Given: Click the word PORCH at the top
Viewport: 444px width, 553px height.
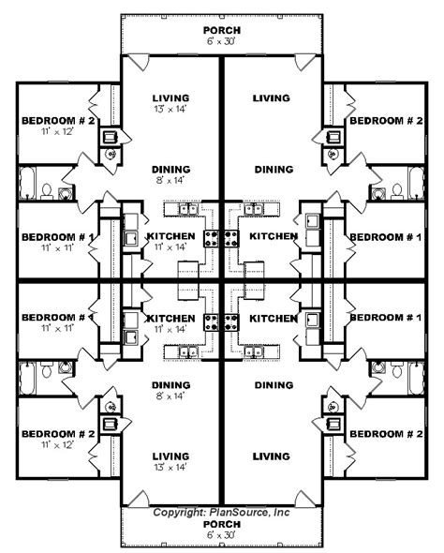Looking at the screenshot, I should tap(222, 31).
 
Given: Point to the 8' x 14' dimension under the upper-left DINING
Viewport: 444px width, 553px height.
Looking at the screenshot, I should tap(170, 182).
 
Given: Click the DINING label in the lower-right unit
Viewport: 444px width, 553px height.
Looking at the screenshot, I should tap(274, 384).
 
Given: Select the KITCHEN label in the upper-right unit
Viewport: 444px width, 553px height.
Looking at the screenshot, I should tap(274, 236).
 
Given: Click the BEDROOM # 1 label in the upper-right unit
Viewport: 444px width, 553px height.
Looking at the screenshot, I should tap(384, 237).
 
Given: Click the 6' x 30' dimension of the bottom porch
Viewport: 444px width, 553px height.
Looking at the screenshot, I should tap(222, 537).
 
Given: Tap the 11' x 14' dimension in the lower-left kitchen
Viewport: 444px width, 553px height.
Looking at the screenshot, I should tap(170, 330).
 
